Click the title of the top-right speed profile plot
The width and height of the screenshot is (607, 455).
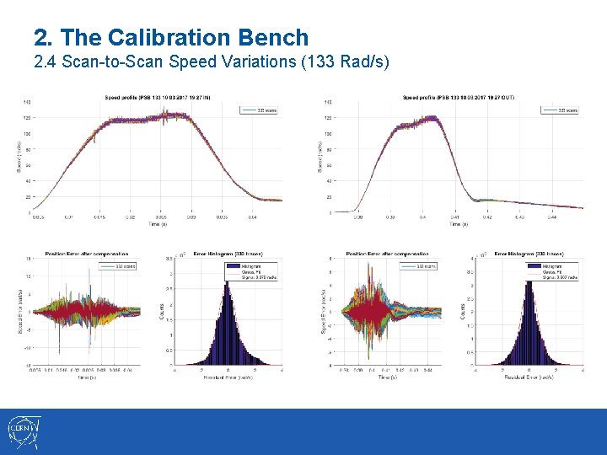[x=459, y=98]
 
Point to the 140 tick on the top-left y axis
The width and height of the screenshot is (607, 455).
[x=27, y=103]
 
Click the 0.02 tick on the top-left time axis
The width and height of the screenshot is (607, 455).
[x=131, y=217]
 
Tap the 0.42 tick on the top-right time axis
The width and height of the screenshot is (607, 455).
[x=487, y=217]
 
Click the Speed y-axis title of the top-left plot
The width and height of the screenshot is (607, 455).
[x=19, y=157]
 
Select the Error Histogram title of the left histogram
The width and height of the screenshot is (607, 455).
[x=224, y=254]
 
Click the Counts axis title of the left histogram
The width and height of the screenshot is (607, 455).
[x=162, y=311]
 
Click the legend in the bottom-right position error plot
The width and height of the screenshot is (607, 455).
[x=431, y=266]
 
